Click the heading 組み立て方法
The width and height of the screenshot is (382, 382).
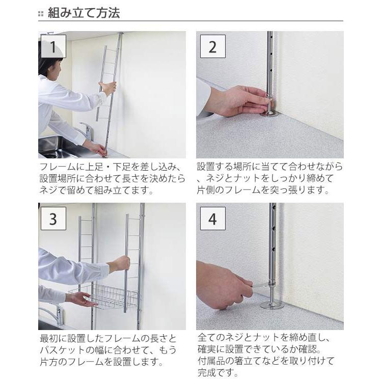tap(84, 13)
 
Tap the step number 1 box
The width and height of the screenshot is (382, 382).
tap(53, 46)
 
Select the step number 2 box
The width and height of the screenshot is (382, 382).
tap(213, 46)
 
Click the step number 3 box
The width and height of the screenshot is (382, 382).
tap(53, 219)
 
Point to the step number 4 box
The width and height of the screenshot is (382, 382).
tap(213, 219)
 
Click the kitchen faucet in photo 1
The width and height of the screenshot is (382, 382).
tap(85, 131)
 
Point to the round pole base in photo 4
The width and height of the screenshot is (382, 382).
tap(271, 305)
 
